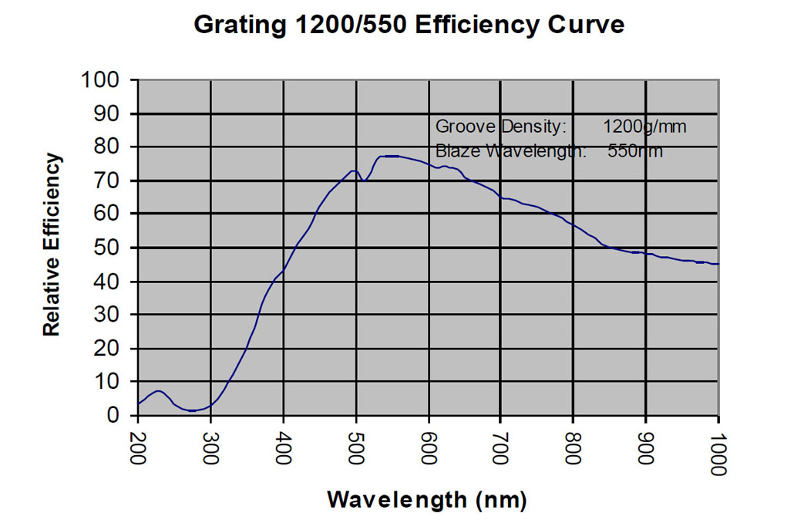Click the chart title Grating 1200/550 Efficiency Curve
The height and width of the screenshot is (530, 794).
[409, 25]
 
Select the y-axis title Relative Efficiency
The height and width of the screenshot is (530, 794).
[51, 245]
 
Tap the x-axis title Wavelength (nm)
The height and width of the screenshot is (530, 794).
[426, 499]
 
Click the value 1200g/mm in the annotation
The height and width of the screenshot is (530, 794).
[644, 126]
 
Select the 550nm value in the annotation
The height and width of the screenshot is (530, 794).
[635, 150]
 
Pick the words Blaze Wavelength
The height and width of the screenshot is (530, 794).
[511, 150]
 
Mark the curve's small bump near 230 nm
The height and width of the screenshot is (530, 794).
[158, 391]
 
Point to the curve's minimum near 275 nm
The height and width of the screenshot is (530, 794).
[192, 410]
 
